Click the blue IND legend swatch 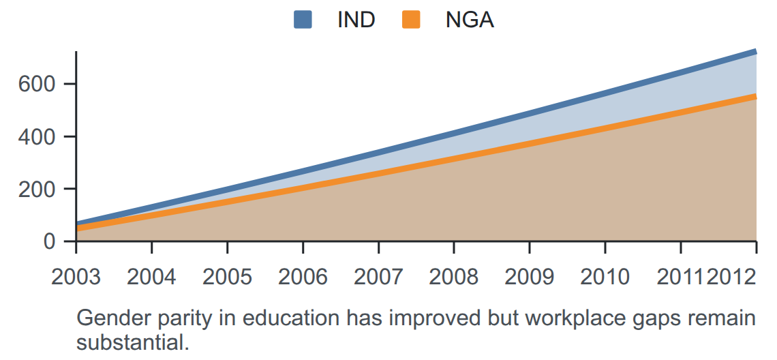302,20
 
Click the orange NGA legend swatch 411,20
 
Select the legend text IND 356,20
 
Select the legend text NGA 470,20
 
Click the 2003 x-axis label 76,277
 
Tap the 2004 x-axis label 151,277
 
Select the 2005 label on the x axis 228,277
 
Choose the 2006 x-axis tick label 303,277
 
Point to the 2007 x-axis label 378,277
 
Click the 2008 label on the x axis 454,277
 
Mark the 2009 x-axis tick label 530,277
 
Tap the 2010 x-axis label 605,277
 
